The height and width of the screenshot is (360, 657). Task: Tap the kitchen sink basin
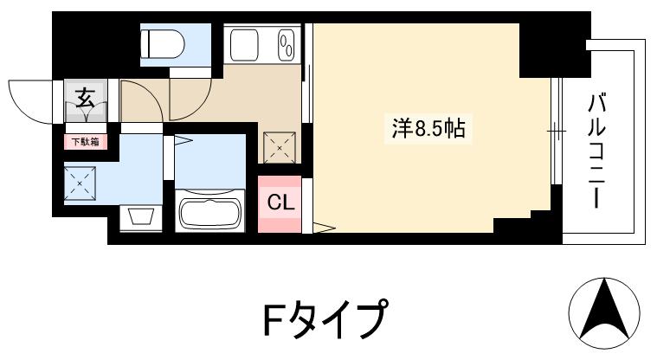click(x=245, y=43)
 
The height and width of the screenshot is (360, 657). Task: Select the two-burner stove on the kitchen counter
click(x=285, y=43)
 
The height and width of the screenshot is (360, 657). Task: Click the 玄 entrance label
click(x=86, y=97)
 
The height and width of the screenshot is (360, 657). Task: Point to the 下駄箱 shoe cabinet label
click(x=85, y=141)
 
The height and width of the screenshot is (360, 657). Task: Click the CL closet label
click(x=279, y=204)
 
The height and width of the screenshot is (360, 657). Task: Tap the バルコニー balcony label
click(x=596, y=152)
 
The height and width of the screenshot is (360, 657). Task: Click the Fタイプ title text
click(x=322, y=321)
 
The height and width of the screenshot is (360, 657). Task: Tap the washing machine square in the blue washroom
click(x=81, y=183)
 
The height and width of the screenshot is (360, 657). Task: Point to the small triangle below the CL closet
click(x=323, y=228)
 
